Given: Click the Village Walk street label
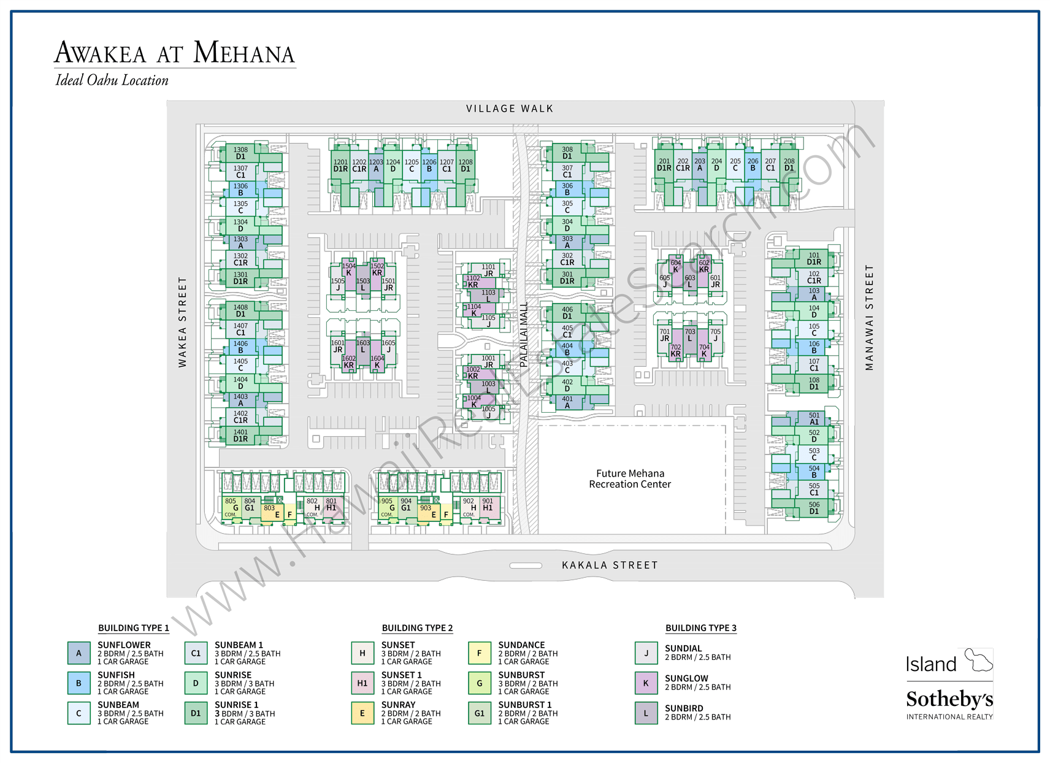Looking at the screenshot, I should point(510,109).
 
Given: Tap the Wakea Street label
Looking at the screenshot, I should point(182,322).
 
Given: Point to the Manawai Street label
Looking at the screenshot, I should point(868,318).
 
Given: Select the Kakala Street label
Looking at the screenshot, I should point(610,565).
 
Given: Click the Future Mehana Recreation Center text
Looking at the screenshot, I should point(630,478).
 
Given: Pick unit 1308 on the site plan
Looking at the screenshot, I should point(240,153).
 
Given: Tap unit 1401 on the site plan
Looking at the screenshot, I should point(240,435).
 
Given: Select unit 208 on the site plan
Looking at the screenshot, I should point(789,164).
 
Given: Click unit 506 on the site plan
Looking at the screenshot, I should point(814,508).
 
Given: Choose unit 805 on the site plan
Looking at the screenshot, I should point(231,504).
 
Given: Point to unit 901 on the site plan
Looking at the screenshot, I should point(488,504).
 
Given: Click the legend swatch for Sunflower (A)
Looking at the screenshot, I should point(79,653).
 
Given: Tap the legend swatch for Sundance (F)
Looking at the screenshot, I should point(480,653).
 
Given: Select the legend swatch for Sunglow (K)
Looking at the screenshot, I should point(646,683).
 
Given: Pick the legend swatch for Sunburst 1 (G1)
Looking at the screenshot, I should point(480,713).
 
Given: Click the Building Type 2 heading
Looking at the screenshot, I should point(417,628).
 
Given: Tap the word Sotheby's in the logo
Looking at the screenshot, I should point(949,699).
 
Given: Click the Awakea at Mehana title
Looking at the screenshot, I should point(175,53).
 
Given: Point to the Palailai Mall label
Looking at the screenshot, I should point(523,334).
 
